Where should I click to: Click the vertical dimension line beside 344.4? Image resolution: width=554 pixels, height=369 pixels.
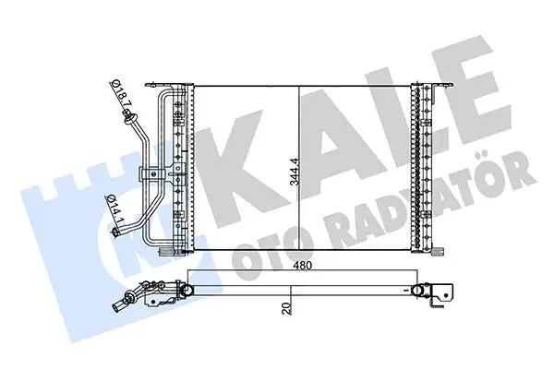click(x=298, y=166)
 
